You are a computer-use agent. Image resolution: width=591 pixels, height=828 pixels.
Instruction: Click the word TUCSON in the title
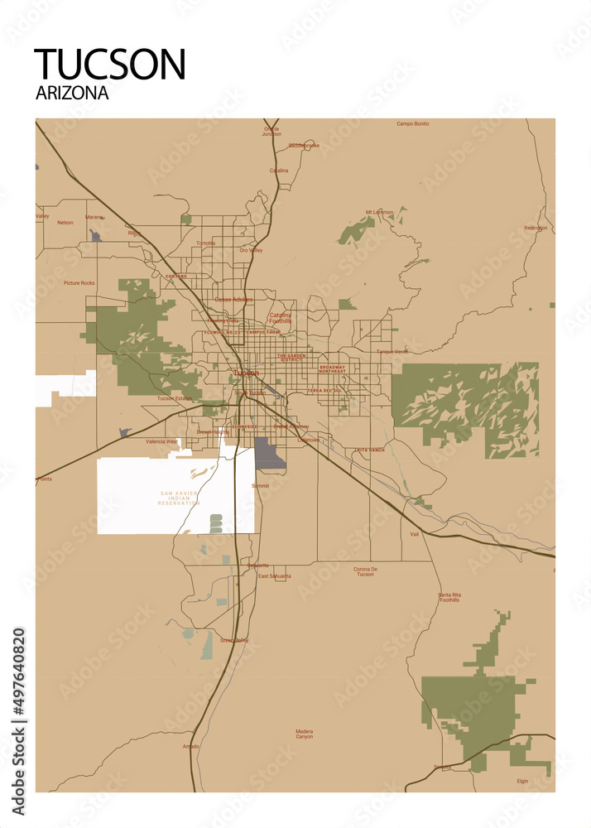coord(110,65)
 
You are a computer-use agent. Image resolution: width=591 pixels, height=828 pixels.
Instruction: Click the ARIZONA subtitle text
coord(72,94)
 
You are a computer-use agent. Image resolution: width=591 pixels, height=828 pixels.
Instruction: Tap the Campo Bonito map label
coord(412,124)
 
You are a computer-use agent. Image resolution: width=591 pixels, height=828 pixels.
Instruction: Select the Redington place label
coord(536,228)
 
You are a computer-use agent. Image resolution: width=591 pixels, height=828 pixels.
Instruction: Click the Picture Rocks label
coord(79,283)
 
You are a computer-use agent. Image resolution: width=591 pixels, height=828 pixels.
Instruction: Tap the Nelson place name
coord(65,223)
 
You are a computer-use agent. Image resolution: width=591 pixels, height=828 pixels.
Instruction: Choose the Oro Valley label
coord(250,250)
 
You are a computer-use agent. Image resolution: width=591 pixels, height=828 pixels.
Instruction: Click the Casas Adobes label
coord(233,299)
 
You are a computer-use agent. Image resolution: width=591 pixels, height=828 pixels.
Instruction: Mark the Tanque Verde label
coord(392,351)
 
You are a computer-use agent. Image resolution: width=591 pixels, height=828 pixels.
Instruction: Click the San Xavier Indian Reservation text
coord(180,498)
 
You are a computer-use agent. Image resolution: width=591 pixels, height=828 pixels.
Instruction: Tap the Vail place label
coord(415,534)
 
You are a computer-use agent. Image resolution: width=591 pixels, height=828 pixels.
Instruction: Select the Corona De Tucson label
coord(365,571)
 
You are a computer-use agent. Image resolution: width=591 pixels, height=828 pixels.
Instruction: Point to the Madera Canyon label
coord(305,734)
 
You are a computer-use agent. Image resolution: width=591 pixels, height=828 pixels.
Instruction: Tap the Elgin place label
coord(522,781)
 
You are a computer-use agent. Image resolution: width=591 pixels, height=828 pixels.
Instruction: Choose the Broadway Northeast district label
coord(332,368)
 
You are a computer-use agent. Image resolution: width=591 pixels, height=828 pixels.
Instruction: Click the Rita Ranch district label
coord(370,450)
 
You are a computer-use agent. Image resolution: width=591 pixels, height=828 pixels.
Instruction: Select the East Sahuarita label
coord(274,575)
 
